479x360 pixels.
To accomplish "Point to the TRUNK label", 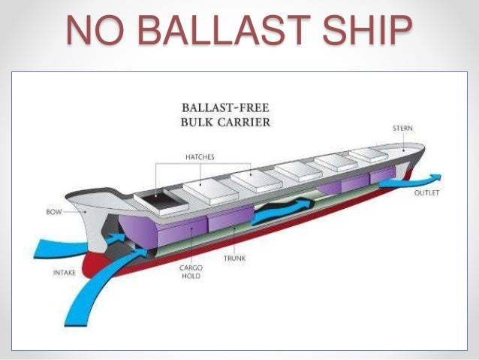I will (235, 258).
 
